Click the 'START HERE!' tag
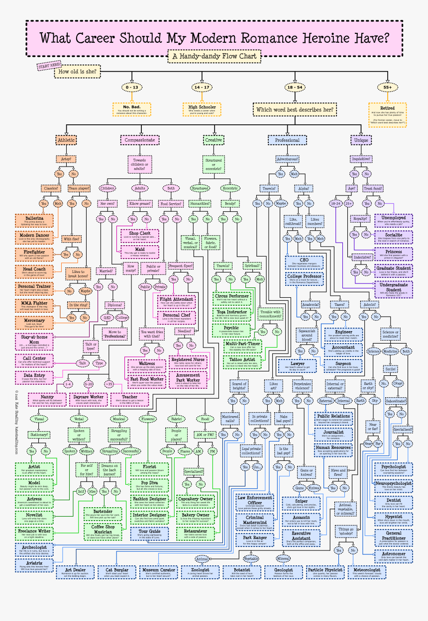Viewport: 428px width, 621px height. point(49,66)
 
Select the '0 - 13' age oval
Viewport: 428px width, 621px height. point(132,87)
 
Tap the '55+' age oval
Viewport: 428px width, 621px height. point(388,87)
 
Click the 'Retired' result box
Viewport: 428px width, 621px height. point(387,115)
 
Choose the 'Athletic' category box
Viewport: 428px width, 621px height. point(66,140)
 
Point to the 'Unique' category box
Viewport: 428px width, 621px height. point(361,140)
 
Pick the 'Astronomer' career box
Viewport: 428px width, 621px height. point(393,556)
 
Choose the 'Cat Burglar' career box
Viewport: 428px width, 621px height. point(115,572)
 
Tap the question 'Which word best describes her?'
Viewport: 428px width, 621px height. point(295,109)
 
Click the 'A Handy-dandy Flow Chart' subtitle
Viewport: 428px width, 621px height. point(214,56)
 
